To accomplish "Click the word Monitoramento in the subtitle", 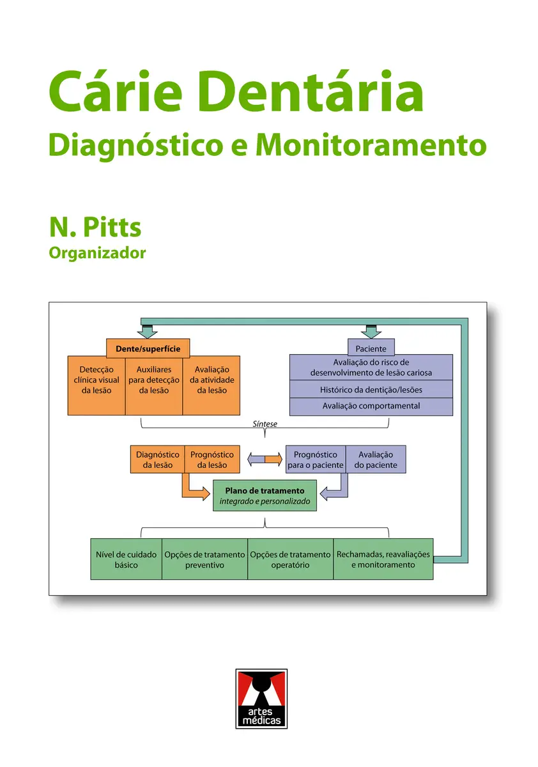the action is coord(371,145).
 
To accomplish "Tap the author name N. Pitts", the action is coord(95,227).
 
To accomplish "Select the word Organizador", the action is coord(97,253).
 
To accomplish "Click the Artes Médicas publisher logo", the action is coord(261,699).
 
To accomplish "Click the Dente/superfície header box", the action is coord(148,348).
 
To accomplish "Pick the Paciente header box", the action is coord(371,347).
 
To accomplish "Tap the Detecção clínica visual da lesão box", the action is coord(96,385).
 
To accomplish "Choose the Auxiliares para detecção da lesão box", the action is coord(153,386).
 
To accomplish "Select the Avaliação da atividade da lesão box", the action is coord(211,385).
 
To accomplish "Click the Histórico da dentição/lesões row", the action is coord(371,389).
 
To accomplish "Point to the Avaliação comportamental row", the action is coord(371,407).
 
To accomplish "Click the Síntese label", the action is coord(265,424).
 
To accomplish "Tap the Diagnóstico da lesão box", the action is coord(157,459).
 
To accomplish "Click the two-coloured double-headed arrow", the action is coord(265,459).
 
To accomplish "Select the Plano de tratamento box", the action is coord(265,495).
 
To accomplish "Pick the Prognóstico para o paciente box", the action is coord(316,459).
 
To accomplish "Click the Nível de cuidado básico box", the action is coord(127,559).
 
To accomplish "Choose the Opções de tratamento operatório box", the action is coord(290,559).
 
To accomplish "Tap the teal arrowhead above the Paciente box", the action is coord(371,332).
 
